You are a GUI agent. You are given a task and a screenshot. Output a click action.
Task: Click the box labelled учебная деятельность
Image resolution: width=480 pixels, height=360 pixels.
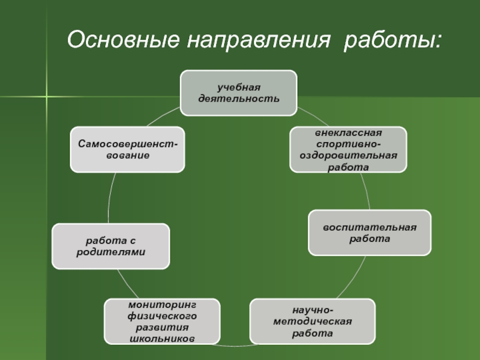pyautogui.click(x=239, y=93)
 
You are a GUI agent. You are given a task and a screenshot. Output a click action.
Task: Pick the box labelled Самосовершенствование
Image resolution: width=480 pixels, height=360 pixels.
pyautogui.click(x=127, y=149)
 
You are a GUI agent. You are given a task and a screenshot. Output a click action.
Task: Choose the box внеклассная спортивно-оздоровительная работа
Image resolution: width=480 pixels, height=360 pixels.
pyautogui.click(x=348, y=149)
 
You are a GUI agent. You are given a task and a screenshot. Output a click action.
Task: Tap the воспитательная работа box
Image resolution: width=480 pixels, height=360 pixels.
pyautogui.click(x=370, y=232)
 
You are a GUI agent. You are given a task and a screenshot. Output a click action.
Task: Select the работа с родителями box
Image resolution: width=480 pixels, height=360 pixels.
pyautogui.click(x=110, y=246)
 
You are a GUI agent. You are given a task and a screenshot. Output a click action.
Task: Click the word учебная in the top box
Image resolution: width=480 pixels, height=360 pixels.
pyautogui.click(x=239, y=88)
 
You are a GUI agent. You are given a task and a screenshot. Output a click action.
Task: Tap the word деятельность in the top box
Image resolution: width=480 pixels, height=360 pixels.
pyautogui.click(x=239, y=98)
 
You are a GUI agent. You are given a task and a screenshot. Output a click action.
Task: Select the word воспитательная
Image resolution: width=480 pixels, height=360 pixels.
pyautogui.click(x=370, y=227)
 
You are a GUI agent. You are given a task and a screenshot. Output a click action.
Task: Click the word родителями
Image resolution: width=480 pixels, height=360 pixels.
pyautogui.click(x=110, y=252)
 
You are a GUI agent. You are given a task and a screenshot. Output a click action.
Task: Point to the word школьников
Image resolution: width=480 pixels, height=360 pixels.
pyautogui.click(x=162, y=339)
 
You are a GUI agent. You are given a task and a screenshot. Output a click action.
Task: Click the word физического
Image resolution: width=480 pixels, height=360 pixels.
pyautogui.click(x=162, y=316)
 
